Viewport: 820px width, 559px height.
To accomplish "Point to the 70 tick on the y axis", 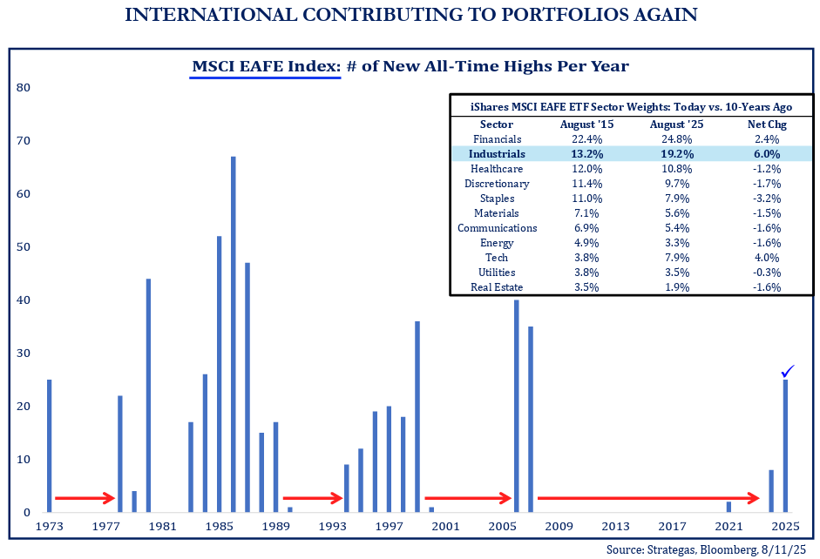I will coord(24,140).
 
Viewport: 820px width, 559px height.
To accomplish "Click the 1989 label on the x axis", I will coord(275,527).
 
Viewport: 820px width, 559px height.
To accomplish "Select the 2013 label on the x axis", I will coord(614,527).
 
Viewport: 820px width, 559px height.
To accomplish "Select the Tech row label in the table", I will coord(497,258).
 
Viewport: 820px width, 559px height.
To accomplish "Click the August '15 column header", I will coord(586,125).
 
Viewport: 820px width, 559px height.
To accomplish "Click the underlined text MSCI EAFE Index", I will coord(264,66).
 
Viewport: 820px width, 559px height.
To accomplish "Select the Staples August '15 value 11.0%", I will coord(586,199).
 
